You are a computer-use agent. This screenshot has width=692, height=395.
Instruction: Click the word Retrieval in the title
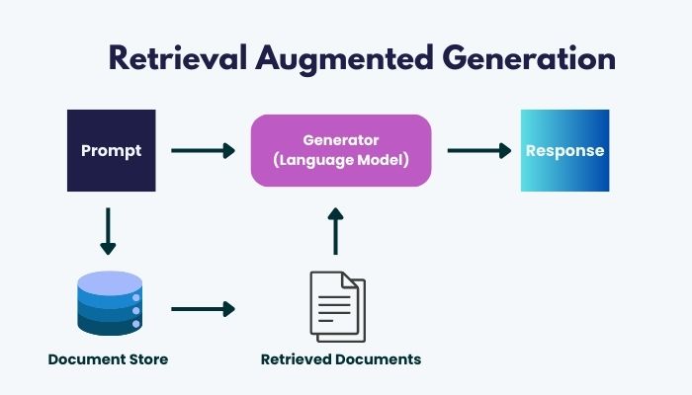[177, 57]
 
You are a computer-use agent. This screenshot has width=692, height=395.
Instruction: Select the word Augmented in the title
[344, 59]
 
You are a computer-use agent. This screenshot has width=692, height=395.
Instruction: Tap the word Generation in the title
[529, 57]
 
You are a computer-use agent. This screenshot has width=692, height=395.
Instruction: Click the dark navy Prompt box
[111, 150]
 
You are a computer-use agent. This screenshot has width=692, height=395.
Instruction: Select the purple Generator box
[341, 150]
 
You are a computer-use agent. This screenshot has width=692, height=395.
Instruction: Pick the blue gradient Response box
[564, 150]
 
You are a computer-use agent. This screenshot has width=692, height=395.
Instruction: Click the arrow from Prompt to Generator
[203, 150]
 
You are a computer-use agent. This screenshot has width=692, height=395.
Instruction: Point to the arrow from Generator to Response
[479, 150]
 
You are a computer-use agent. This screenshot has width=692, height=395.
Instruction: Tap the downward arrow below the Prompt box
[108, 231]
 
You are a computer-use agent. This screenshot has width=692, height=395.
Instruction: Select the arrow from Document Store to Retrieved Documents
[203, 309]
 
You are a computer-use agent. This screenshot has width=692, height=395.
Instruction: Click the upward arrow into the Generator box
[336, 231]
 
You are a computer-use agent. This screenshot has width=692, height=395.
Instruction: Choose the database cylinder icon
[110, 303]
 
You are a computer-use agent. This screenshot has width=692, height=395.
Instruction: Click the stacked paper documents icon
[338, 306]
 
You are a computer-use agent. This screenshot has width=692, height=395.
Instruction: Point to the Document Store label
[108, 359]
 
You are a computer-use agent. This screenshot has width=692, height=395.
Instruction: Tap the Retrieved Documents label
[341, 359]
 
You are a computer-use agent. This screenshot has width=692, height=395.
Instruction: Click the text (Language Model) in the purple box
[341, 160]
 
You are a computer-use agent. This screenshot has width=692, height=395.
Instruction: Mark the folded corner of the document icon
[350, 279]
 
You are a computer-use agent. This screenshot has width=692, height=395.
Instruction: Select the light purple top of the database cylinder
[110, 282]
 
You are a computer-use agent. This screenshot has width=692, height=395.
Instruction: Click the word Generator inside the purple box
[341, 140]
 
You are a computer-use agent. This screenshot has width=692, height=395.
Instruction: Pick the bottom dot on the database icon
[136, 324]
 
